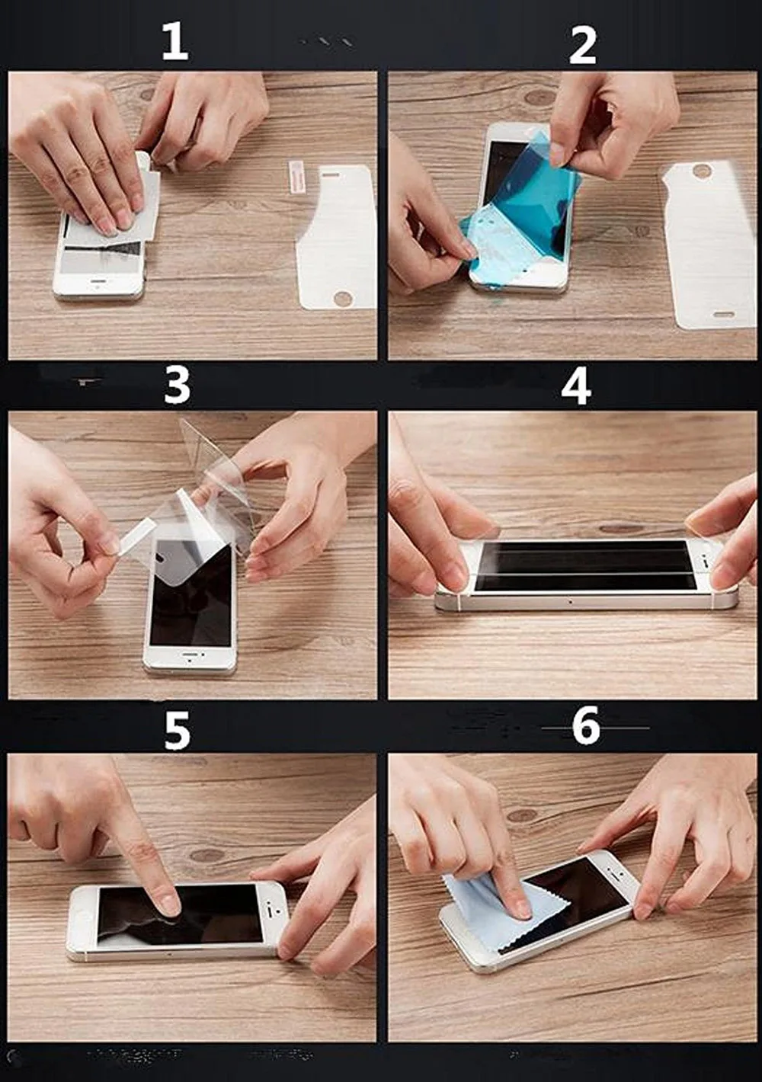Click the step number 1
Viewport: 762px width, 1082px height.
pyautogui.click(x=175, y=43)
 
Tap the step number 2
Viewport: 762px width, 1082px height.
pyautogui.click(x=583, y=46)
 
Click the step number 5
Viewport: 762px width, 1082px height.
pyautogui.click(x=177, y=731)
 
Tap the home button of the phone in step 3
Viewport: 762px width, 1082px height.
pyautogui.click(x=190, y=658)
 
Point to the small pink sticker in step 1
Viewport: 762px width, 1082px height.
pyautogui.click(x=294, y=178)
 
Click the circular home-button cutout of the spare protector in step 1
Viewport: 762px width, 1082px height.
pyautogui.click(x=343, y=298)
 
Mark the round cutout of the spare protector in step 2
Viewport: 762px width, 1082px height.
pyautogui.click(x=702, y=171)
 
